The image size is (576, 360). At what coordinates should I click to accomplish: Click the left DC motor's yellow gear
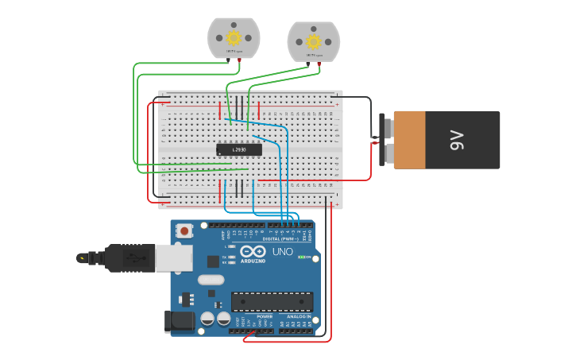(234, 37)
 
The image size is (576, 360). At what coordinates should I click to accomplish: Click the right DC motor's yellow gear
(313, 41)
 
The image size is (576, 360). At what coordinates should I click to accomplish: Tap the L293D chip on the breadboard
(239, 149)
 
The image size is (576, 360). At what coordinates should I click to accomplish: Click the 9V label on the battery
(456, 141)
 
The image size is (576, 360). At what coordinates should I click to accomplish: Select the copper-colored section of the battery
(409, 140)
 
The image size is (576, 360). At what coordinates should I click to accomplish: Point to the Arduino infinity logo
(253, 250)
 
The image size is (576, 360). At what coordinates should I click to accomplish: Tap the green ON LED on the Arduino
(301, 257)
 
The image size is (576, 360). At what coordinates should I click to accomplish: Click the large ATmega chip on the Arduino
(272, 301)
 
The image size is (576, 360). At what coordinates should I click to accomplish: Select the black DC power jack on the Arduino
(179, 320)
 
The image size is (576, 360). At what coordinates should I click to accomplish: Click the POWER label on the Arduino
(265, 316)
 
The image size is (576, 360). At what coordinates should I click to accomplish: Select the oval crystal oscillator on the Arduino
(211, 280)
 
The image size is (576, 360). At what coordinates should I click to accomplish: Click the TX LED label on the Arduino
(225, 257)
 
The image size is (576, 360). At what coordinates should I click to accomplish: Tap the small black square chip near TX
(213, 261)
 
